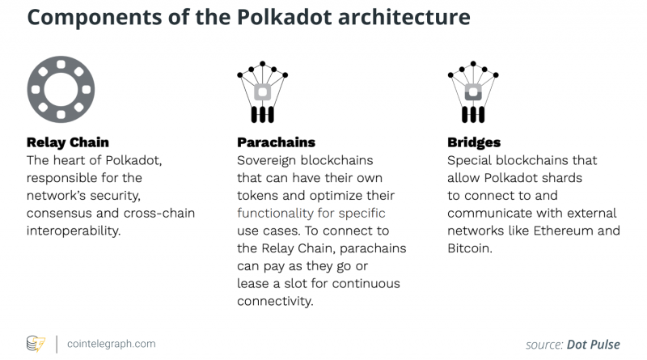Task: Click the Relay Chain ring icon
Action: [61, 89]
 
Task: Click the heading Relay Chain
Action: [68, 142]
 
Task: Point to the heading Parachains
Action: [276, 142]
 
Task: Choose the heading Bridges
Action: [474, 142]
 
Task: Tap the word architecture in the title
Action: [395, 18]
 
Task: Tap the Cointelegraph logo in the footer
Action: [37, 344]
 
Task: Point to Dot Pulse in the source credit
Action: [593, 344]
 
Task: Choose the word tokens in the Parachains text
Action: [258, 195]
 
